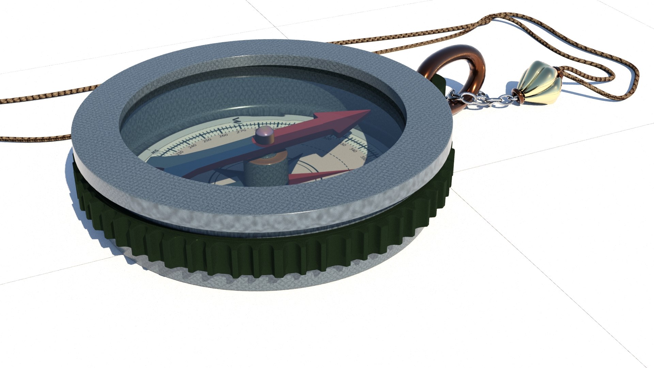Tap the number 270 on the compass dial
(241, 131)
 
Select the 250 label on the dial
(207, 141)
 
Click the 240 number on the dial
(193, 147)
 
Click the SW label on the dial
(155, 152)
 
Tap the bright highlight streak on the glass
(245, 108)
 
